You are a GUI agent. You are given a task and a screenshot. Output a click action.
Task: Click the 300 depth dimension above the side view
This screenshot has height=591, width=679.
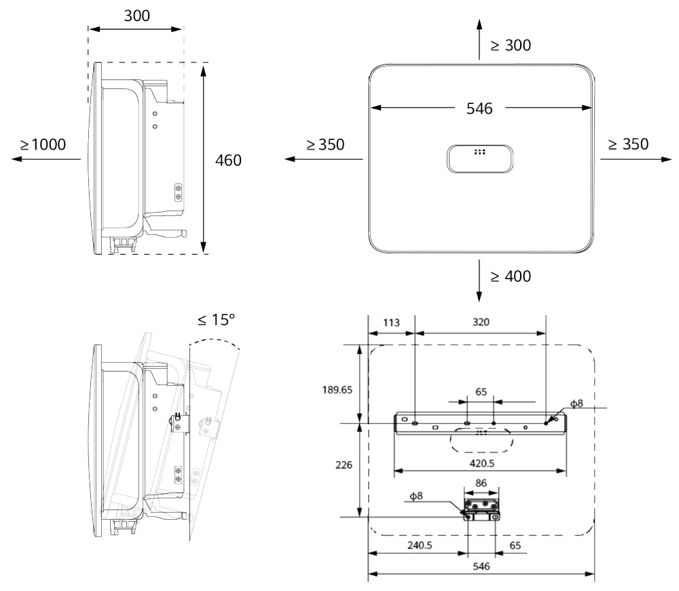137,16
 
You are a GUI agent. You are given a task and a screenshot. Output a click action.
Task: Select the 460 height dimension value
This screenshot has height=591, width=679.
228,160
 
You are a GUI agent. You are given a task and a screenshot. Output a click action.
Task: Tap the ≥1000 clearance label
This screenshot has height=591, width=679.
43,144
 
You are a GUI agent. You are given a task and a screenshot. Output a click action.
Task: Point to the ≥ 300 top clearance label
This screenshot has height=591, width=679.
511,45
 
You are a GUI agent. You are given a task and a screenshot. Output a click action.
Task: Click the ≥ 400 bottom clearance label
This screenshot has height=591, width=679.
511,276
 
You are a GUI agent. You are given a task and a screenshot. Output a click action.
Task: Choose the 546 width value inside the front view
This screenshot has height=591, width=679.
479,108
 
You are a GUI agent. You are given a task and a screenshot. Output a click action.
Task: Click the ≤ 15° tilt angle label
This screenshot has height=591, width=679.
216,320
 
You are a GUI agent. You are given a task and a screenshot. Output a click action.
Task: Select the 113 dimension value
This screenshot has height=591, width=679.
391,323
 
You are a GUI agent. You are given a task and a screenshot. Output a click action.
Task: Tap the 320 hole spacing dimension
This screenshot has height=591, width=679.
481,322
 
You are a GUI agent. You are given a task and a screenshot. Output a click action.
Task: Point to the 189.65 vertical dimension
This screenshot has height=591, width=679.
337,389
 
